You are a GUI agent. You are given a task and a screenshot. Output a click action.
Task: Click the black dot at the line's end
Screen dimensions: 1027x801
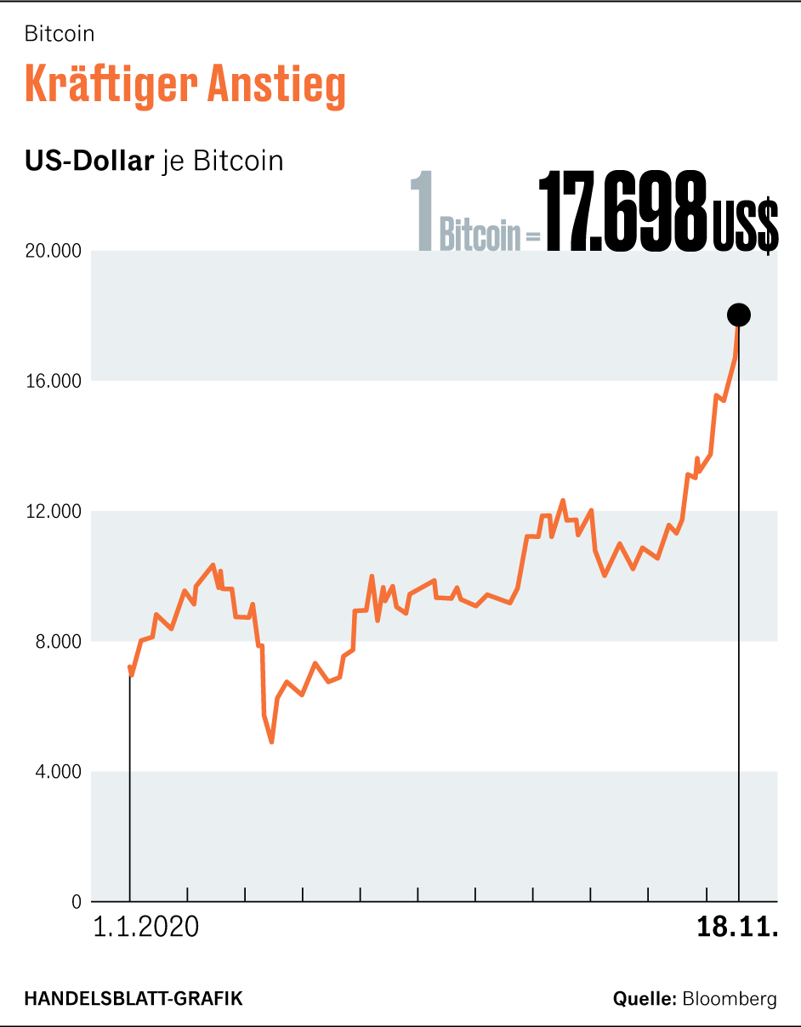click(738, 315)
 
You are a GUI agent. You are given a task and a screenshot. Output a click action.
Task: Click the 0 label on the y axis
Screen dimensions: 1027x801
click(76, 902)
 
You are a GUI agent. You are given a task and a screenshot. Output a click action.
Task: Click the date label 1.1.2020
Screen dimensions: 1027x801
click(145, 927)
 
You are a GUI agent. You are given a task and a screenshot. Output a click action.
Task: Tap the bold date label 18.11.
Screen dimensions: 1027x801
click(737, 927)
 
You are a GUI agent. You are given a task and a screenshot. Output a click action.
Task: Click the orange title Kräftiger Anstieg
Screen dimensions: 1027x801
click(185, 85)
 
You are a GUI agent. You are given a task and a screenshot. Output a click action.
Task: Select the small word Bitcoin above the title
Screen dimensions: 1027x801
click(60, 34)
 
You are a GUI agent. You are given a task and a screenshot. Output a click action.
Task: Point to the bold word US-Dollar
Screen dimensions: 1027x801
click(88, 161)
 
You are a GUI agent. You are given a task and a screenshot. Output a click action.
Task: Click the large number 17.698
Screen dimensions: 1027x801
click(623, 213)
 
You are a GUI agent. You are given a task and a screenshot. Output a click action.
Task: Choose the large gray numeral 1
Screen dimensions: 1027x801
click(422, 213)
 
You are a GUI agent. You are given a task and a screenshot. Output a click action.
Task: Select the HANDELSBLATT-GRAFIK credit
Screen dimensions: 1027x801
click(133, 998)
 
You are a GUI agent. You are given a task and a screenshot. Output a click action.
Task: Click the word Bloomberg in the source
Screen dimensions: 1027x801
click(730, 999)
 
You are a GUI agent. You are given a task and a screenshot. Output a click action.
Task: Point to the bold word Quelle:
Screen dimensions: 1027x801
click(644, 999)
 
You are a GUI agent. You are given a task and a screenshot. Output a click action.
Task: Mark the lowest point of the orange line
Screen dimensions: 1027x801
click(271, 741)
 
